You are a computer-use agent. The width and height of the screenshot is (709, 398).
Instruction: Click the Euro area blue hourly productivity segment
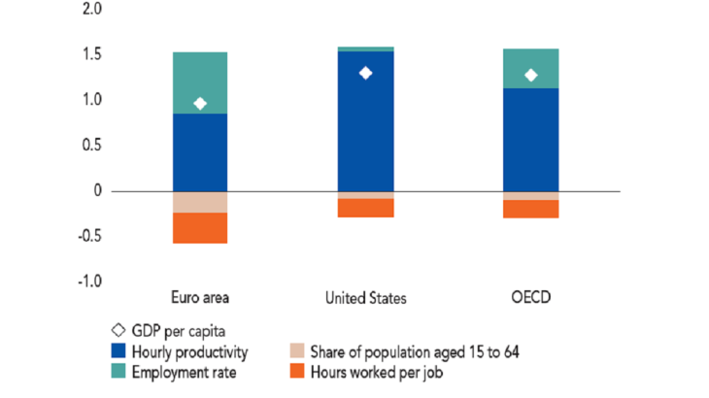coord(200,152)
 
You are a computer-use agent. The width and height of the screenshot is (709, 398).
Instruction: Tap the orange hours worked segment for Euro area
coord(200,228)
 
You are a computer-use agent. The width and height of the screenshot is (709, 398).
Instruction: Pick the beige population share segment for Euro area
coord(200,202)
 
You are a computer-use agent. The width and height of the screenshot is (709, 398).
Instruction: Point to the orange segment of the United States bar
coord(365,208)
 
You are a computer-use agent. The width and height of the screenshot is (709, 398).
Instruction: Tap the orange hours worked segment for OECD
coord(530,209)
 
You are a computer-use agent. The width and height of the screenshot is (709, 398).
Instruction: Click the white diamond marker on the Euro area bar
coord(200,104)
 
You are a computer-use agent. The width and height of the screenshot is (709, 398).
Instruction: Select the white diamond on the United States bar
coord(365,73)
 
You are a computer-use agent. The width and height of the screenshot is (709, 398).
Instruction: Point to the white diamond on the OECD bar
coord(530,75)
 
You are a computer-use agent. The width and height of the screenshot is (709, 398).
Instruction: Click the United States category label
coord(365,297)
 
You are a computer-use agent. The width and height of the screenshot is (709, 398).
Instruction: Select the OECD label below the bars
coord(530,297)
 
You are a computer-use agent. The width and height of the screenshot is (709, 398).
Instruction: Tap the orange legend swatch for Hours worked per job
coord(298,371)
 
